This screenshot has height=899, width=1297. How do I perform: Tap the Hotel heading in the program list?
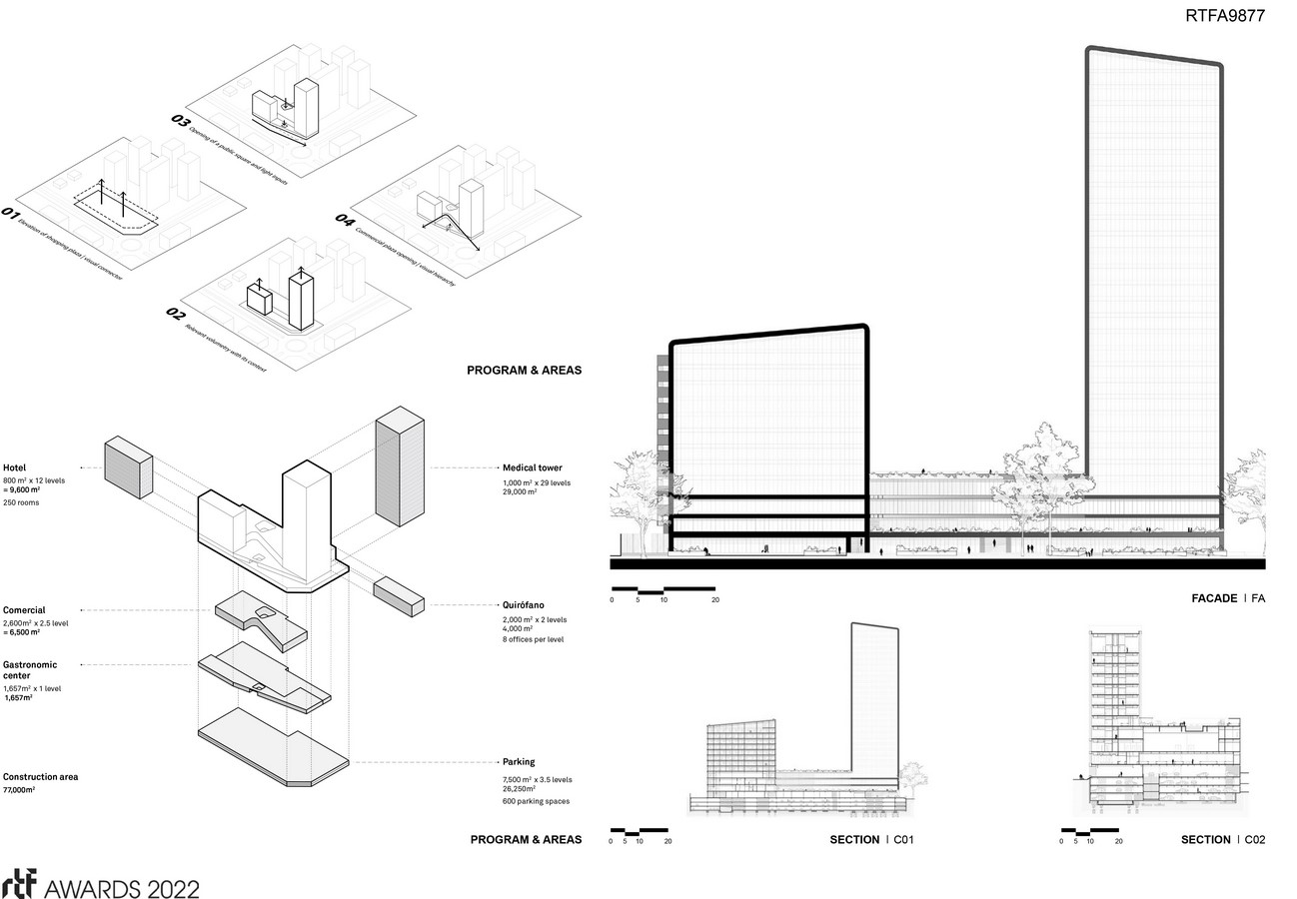pyautogui.click(x=15, y=467)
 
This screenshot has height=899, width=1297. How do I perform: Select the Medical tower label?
pyautogui.click(x=532, y=467)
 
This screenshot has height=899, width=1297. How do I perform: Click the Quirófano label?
pyautogui.click(x=523, y=605)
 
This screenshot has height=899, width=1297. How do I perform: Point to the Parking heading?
pyautogui.click(x=519, y=762)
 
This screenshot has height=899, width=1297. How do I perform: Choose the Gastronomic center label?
pyautogui.click(x=30, y=669)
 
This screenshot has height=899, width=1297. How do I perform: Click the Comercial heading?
pyautogui.click(x=24, y=610)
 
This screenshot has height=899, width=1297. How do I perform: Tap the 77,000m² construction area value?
pyautogui.click(x=19, y=790)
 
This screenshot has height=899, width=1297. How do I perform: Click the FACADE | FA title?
pyautogui.click(x=1228, y=598)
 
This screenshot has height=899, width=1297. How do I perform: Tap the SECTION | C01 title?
pyautogui.click(x=871, y=840)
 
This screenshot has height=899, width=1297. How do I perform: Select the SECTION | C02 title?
pyautogui.click(x=1222, y=840)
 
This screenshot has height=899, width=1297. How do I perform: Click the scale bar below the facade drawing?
pyautogui.click(x=662, y=589)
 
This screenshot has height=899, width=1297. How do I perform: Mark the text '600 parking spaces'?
pyautogui.click(x=537, y=802)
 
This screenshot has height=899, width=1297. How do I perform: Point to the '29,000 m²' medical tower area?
pyautogui.click(x=520, y=492)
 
